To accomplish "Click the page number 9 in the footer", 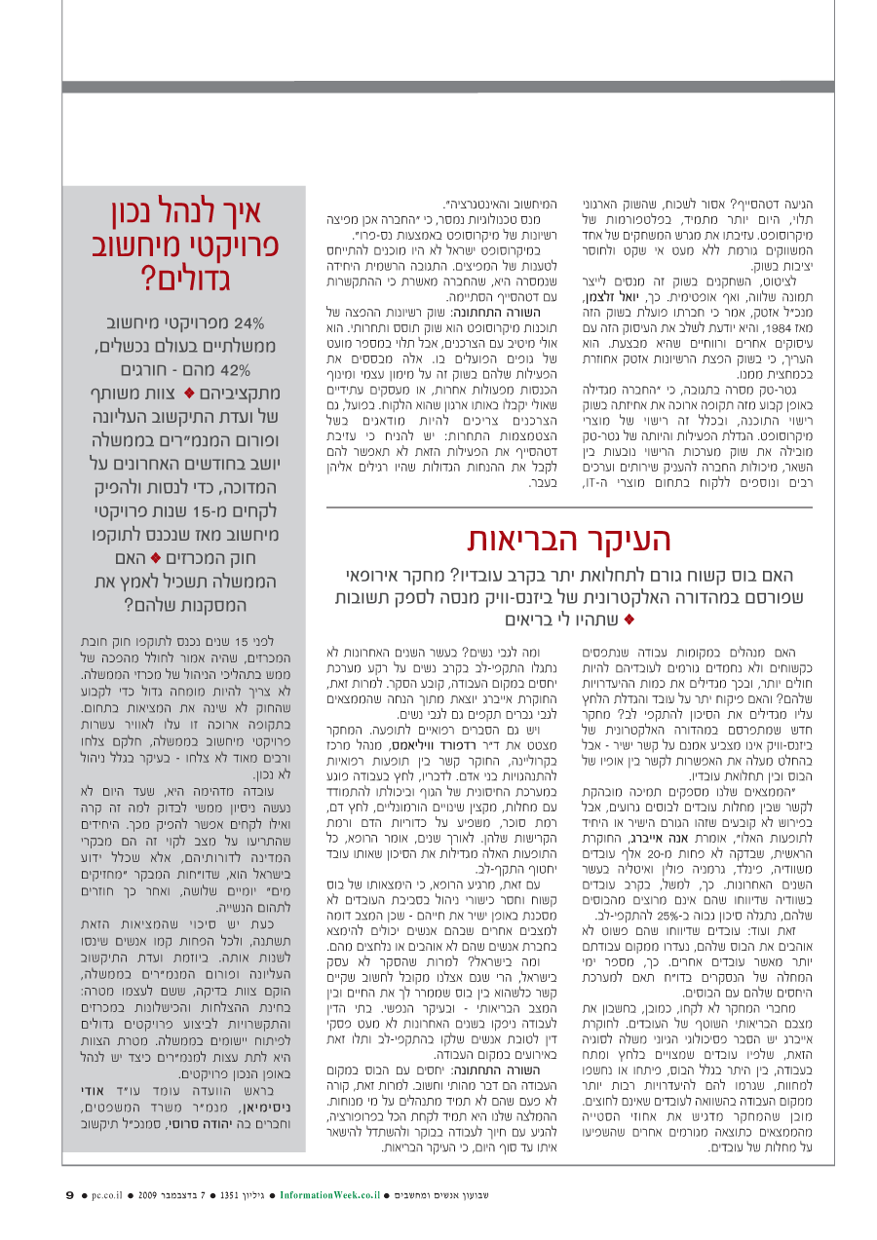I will [70, 1195].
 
